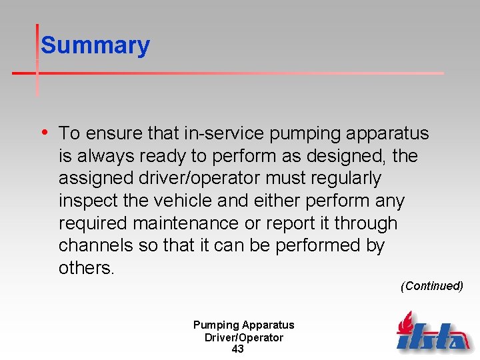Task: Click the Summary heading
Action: [x=95, y=45]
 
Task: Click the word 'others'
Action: [x=85, y=268]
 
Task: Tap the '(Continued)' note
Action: [x=431, y=286]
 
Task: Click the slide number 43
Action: [x=237, y=349]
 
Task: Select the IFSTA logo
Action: [x=433, y=331]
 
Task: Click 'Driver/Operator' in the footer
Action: [x=243, y=337]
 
